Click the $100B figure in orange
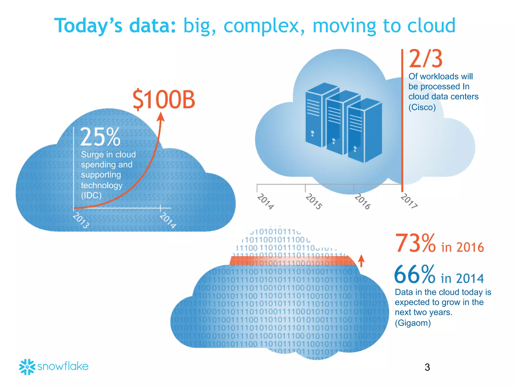click(x=164, y=100)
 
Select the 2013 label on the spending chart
click(x=81, y=220)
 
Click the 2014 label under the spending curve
click(x=168, y=220)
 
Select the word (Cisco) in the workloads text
click(x=422, y=107)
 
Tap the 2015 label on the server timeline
click(x=314, y=201)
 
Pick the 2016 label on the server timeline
click(x=362, y=202)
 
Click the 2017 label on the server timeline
click(x=409, y=201)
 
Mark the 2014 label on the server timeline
click(x=265, y=201)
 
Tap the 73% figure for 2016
click(x=415, y=243)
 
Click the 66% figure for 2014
click(x=415, y=275)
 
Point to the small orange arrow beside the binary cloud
click(x=361, y=261)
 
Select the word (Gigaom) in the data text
click(x=413, y=323)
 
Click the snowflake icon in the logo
click(x=27, y=367)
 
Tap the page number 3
click(x=427, y=367)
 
